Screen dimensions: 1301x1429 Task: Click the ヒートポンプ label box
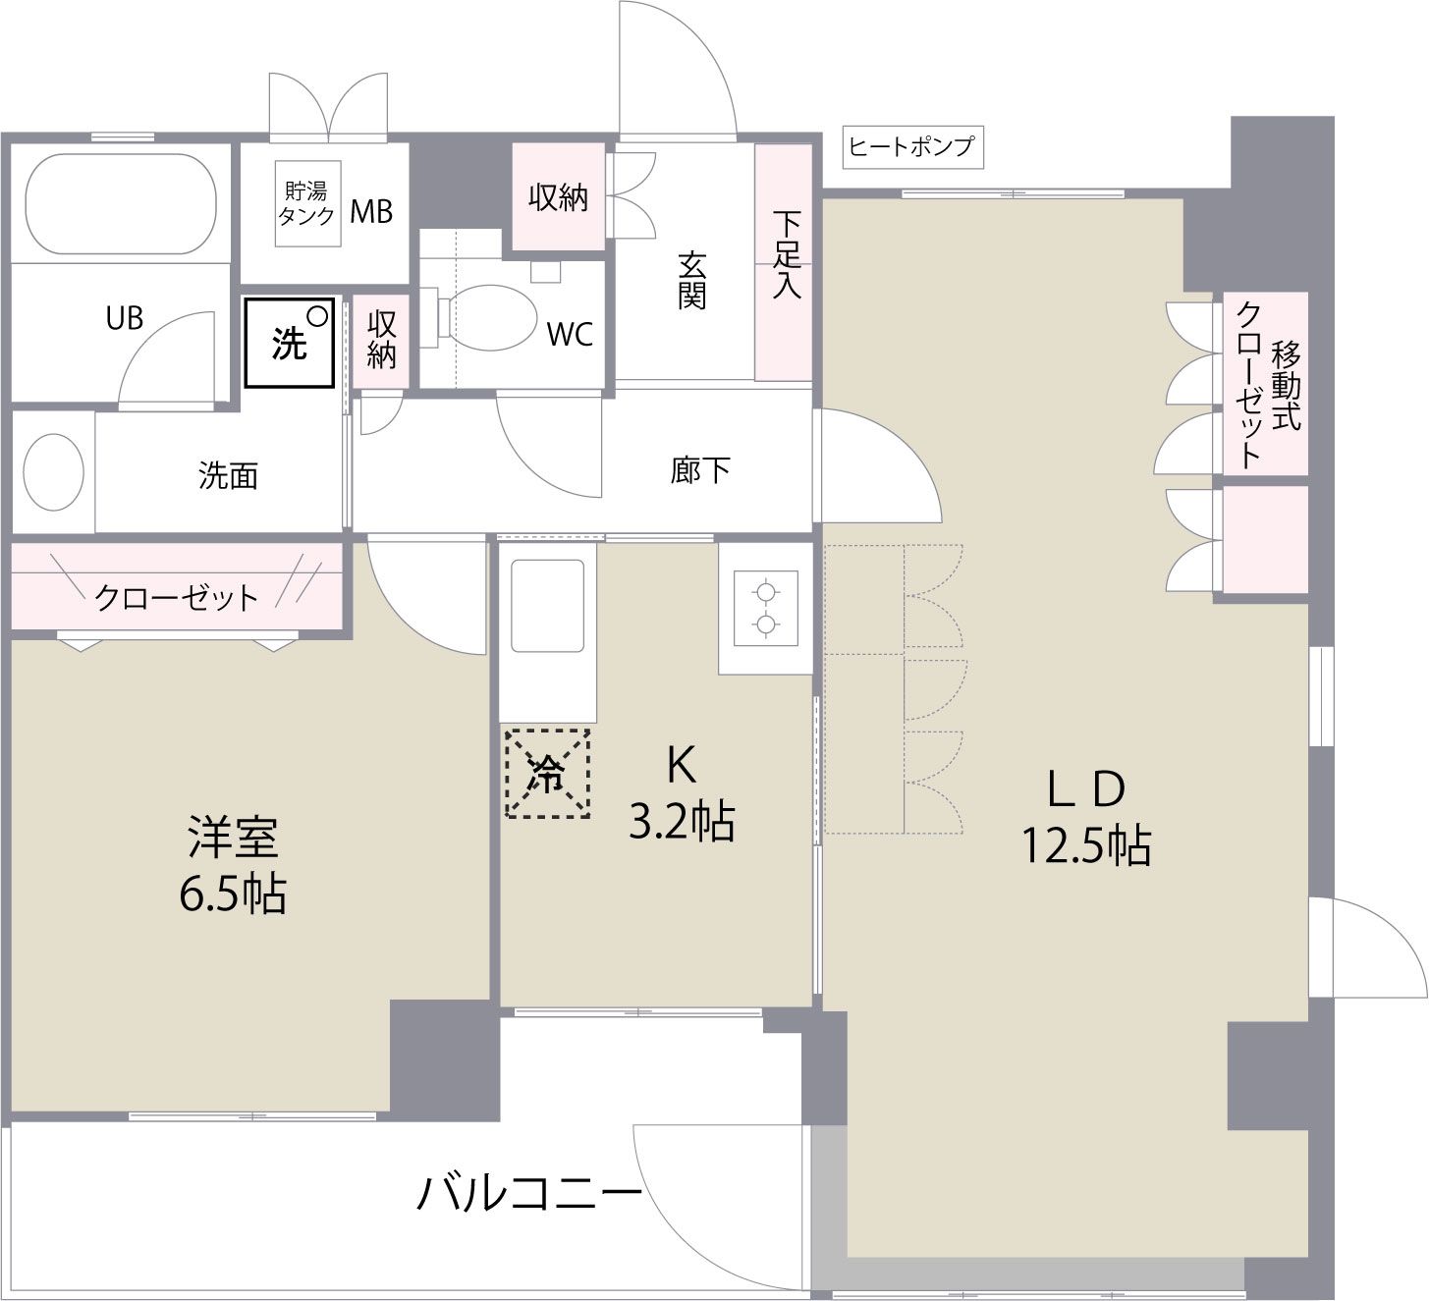911,147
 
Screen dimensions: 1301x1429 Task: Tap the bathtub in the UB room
120,204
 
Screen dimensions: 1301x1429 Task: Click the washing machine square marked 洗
290,343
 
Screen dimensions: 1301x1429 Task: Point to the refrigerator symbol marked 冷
547,774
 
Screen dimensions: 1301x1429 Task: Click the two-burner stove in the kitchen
765,609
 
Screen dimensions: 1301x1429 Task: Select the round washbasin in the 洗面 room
53,471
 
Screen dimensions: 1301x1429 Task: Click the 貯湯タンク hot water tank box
306,204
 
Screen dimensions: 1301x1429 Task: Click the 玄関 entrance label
691,280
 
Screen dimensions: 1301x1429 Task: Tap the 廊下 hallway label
700,470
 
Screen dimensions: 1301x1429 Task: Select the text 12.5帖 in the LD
1086,845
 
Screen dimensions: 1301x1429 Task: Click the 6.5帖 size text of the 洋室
233,894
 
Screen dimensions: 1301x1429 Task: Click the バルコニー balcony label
530,1193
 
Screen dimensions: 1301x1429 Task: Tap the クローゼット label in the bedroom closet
177,597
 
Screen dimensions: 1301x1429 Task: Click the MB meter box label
371,211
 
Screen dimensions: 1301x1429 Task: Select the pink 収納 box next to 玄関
558,197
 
